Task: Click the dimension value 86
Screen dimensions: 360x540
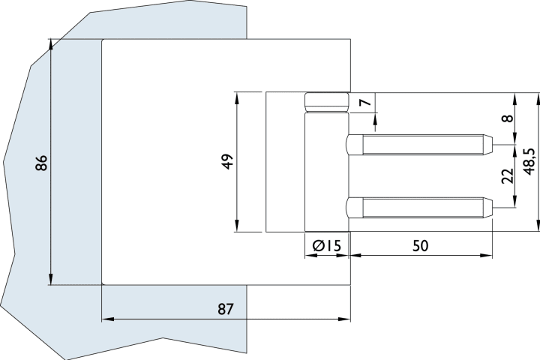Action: point(42,163)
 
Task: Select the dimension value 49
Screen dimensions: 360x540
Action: point(229,161)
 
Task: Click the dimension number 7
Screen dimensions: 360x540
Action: point(365,103)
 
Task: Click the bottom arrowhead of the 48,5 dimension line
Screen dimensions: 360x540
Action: point(538,227)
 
